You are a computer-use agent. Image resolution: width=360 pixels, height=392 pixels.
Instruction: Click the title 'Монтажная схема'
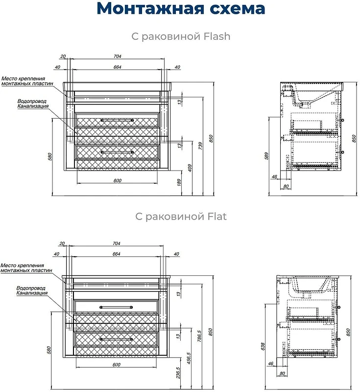(181, 9)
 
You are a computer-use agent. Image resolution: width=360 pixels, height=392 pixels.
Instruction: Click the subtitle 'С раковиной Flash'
(181, 36)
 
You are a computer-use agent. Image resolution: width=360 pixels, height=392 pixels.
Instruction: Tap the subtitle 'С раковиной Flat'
(181, 216)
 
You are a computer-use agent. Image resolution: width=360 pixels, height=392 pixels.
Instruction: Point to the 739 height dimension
(200, 146)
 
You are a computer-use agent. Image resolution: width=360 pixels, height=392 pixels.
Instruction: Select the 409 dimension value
(190, 168)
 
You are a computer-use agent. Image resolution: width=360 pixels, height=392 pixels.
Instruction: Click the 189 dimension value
(179, 182)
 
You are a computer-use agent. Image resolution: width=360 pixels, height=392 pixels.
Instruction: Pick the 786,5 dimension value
(199, 336)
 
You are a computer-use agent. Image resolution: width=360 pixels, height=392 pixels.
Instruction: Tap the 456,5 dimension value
(189, 358)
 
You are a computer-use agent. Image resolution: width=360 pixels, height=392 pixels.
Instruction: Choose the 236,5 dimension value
(178, 372)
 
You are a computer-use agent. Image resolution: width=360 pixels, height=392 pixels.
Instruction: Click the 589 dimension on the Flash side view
(266, 156)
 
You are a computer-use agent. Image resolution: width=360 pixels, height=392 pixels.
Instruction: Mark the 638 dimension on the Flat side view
(263, 346)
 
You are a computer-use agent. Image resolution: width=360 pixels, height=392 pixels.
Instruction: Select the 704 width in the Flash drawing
(118, 56)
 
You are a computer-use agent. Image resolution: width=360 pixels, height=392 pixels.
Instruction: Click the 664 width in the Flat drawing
(117, 254)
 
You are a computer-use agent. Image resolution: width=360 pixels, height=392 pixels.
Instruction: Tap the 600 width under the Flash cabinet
(118, 180)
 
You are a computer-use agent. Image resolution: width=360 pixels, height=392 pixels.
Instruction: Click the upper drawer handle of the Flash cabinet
(117, 120)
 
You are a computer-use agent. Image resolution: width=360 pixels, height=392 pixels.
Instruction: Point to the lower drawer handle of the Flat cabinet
(116, 339)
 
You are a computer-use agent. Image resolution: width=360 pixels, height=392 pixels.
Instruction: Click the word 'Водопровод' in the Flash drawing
(32, 101)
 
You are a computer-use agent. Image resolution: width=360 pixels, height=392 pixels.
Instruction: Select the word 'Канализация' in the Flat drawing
(32, 293)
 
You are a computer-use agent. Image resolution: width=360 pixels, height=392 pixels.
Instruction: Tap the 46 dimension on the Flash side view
(274, 177)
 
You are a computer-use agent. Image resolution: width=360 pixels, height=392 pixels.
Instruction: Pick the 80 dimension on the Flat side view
(282, 373)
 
